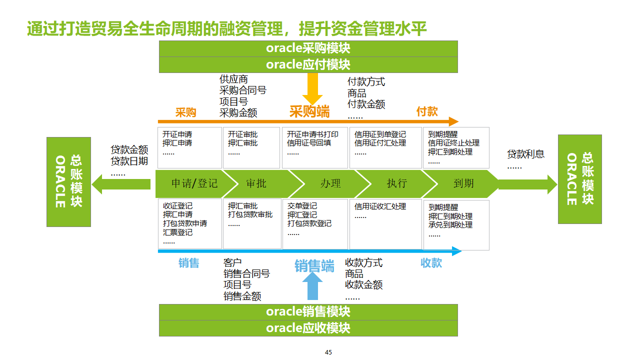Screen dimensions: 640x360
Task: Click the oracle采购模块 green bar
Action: pos(308,48)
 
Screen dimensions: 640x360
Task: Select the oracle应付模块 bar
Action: pos(308,64)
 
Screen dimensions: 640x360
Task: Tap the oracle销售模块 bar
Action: pos(308,311)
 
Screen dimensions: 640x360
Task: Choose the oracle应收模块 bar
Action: pos(308,328)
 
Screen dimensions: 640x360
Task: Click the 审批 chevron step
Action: pos(256,183)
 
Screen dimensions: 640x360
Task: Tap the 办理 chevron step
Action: pos(330,183)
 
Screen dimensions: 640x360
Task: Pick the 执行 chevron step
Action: pos(396,183)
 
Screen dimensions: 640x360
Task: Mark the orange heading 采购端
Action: pos(309,111)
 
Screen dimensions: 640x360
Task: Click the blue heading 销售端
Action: pos(314,266)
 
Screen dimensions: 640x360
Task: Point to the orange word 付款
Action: pos(427,111)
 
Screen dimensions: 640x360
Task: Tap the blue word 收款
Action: pos(431,263)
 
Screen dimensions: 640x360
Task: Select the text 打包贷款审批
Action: pos(250,214)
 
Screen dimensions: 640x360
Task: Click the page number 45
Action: pos(328,352)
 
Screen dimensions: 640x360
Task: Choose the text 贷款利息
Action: pos(525,154)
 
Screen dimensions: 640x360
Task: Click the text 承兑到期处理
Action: pos(450,225)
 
